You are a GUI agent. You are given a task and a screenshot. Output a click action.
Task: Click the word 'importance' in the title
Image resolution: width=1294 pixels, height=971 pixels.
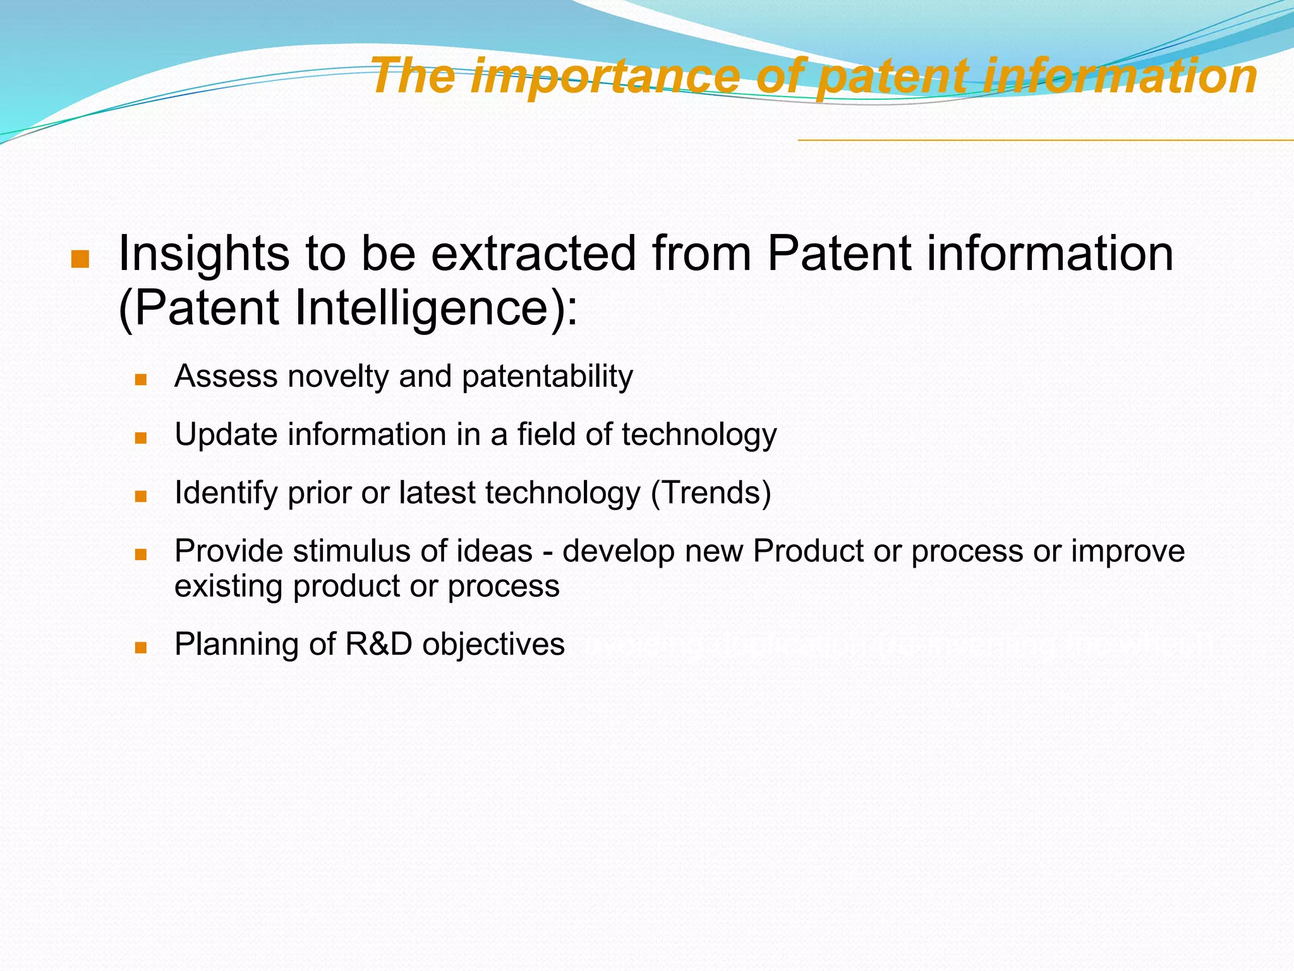[x=605, y=76]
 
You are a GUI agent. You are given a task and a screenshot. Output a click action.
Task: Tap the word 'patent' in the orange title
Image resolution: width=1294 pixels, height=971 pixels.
[x=892, y=76]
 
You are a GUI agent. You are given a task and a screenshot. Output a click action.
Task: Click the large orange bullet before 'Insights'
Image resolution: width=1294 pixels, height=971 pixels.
[x=80, y=259]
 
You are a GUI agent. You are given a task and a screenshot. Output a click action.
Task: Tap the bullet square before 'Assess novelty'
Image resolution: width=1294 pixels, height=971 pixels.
[x=141, y=380]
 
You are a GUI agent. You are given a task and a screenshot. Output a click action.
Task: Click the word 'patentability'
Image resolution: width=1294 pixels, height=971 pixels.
[x=547, y=377]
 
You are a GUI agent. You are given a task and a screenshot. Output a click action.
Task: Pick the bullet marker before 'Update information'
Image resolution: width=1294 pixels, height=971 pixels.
[x=141, y=438]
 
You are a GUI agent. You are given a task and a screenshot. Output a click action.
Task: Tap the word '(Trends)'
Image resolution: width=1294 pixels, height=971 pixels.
[x=711, y=493]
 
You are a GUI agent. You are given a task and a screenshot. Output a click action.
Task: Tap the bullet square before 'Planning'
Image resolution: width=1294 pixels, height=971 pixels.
[x=141, y=648]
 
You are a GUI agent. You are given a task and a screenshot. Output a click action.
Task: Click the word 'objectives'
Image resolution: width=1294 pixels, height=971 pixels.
[x=493, y=645]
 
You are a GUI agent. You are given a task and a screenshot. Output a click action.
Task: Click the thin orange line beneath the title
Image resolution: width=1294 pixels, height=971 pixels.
[x=1043, y=140]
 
